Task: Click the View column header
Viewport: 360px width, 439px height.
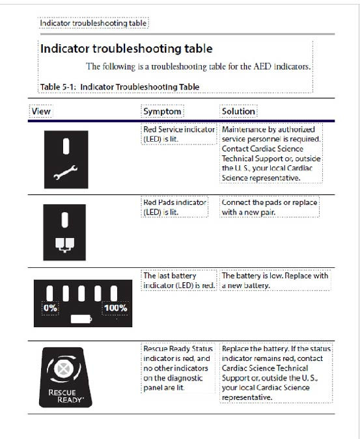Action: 41,111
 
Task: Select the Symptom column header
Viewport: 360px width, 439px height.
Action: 162,111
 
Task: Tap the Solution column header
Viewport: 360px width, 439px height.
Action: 238,111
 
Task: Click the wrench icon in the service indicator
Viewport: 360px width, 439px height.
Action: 66,172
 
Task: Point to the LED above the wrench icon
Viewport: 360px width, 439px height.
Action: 66,146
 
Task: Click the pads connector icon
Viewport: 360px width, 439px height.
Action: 64,245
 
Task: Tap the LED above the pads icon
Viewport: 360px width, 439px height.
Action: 64,220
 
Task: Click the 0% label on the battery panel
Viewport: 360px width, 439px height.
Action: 50,308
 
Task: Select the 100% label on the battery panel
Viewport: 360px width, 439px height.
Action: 115,308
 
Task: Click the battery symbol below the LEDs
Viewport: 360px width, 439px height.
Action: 81,319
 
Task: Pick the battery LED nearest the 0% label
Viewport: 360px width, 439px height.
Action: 49,293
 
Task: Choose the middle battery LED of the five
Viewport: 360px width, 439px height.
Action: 81,293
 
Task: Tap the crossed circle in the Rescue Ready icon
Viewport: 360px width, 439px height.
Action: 64,369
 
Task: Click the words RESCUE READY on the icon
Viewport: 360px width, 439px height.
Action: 66,396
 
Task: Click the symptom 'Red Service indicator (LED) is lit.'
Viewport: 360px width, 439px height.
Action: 179,134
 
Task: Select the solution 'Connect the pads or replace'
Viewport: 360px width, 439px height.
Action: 270,202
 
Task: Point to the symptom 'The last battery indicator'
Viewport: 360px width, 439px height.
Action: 170,276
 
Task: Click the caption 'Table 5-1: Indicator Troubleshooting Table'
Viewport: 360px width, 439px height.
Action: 120,86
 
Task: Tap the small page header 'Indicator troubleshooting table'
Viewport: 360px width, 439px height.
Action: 93,23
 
